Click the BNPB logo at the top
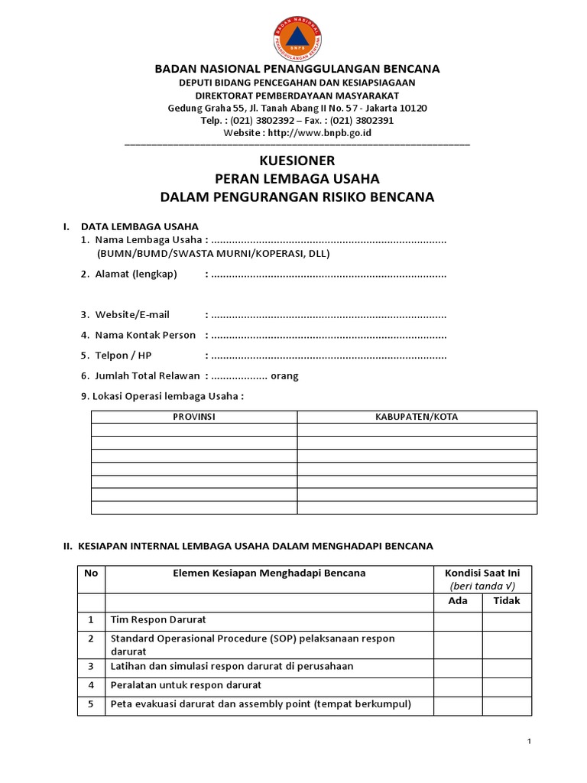[x=297, y=37]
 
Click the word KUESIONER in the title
[x=297, y=161]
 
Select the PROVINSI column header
[x=194, y=417]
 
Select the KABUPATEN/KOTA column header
[x=417, y=417]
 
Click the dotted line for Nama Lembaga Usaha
[x=329, y=241]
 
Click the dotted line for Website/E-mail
[x=329, y=314]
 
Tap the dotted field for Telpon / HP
[x=329, y=356]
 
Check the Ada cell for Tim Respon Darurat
[x=458, y=620]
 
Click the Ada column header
[x=458, y=601]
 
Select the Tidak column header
[x=507, y=601]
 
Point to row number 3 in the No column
[x=91, y=666]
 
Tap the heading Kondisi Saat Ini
[x=482, y=573]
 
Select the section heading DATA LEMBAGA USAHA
[x=140, y=226]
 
